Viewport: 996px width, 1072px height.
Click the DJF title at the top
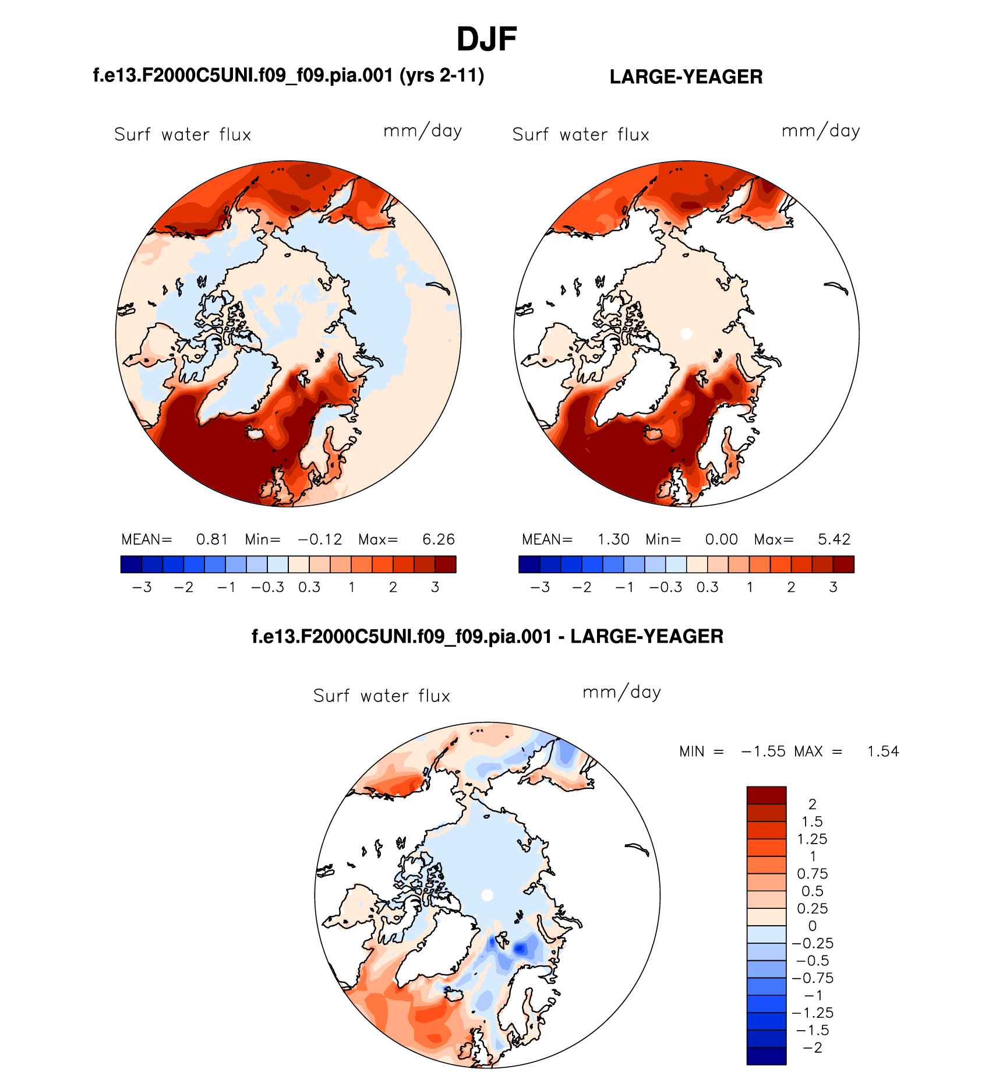pos(486,40)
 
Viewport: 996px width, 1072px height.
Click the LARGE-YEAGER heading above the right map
pos(686,77)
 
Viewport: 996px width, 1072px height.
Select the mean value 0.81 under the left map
pos(211,539)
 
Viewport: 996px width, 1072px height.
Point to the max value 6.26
pos(438,539)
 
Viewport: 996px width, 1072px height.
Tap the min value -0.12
pos(320,539)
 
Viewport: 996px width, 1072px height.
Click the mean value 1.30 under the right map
pos(613,539)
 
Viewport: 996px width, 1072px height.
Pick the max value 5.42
pos(834,539)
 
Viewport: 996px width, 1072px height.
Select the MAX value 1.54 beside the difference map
pos(883,752)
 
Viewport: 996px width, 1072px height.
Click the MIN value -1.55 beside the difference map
pos(763,752)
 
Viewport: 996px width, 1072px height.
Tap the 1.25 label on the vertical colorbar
pos(812,839)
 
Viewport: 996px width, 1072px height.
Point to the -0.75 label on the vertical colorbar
pos(812,978)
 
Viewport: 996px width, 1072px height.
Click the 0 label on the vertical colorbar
pos(813,926)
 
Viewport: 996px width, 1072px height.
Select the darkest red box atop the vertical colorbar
pos(767,795)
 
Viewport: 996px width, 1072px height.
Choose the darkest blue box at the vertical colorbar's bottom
pos(767,1056)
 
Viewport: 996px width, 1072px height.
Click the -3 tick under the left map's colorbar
pos(142,587)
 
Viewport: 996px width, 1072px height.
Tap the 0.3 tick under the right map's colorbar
pos(707,587)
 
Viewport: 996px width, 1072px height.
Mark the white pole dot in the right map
pos(687,334)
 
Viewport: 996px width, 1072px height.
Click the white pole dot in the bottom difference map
pos(488,895)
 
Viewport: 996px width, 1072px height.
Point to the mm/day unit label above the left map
pos(422,131)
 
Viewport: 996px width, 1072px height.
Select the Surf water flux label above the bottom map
pos(382,696)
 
